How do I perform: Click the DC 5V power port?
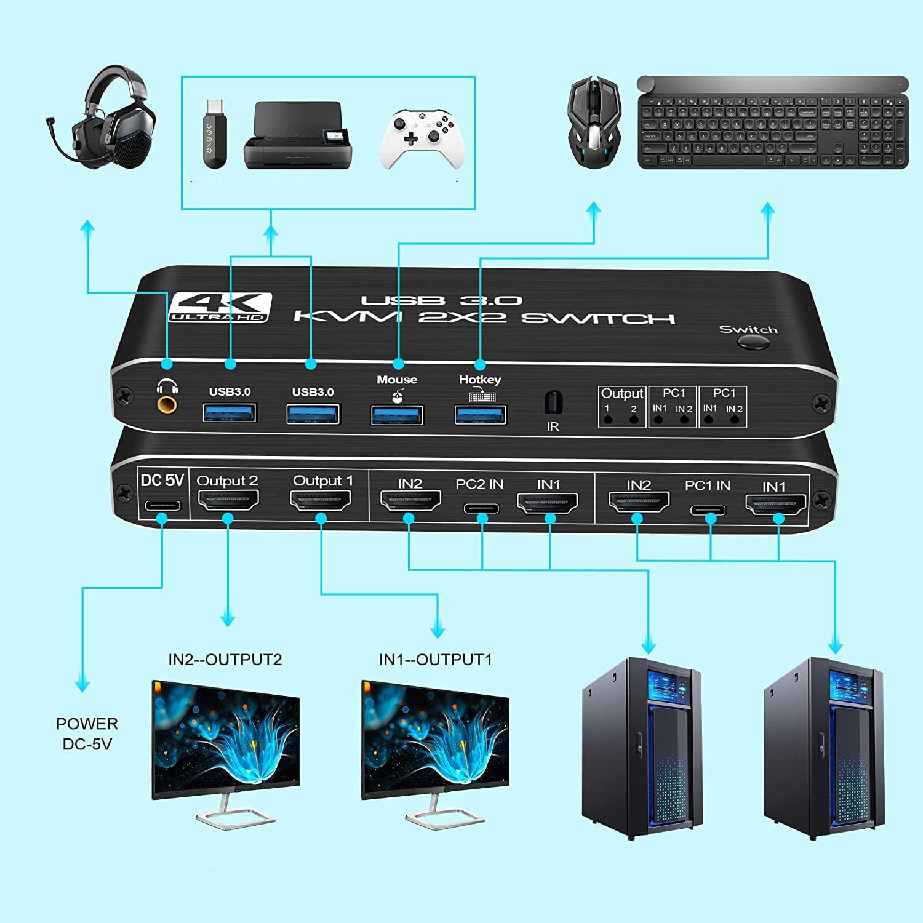(x=162, y=506)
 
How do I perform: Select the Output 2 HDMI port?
(x=228, y=501)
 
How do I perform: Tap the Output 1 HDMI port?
(x=321, y=501)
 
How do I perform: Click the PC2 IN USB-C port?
(x=482, y=508)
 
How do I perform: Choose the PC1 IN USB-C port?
(x=708, y=509)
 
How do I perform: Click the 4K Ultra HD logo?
(x=220, y=306)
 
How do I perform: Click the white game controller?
(x=420, y=138)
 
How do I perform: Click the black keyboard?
(x=773, y=123)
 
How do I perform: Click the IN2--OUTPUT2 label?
(x=225, y=660)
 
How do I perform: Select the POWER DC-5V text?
(x=87, y=733)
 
